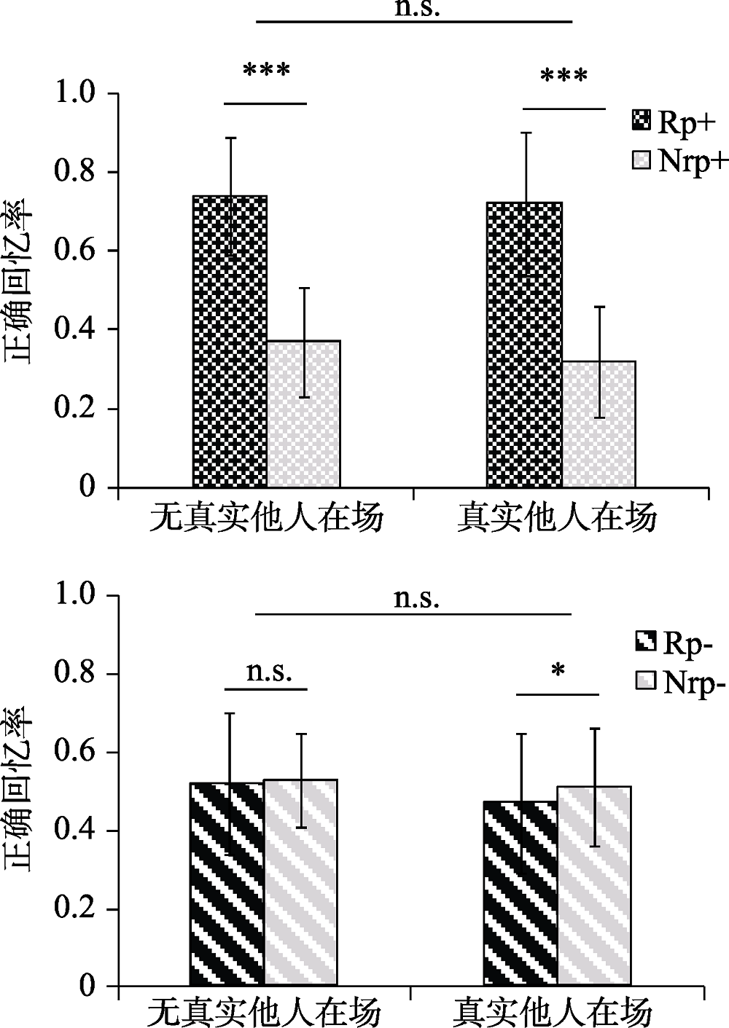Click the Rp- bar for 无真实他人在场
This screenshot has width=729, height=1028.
227,884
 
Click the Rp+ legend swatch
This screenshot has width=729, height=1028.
641,121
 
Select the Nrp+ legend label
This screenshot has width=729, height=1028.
693,160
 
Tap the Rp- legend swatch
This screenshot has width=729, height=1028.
645,642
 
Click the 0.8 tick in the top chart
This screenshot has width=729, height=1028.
76,173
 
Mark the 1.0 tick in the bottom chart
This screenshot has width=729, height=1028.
76,595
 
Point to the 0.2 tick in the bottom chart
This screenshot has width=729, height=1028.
76,909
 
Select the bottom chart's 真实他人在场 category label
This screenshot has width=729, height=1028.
552,1012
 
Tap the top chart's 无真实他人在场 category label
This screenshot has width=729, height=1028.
266,518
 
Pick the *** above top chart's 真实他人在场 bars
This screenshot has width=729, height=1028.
564,76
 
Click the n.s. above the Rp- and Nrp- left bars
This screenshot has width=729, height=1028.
269,672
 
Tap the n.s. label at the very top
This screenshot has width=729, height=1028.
417,9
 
